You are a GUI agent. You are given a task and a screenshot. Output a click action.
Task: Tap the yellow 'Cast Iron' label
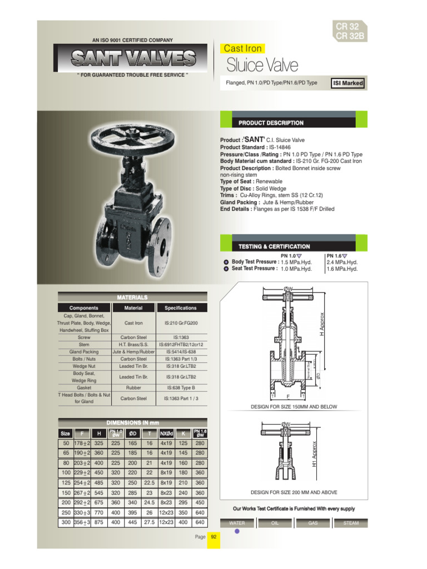pos(242,48)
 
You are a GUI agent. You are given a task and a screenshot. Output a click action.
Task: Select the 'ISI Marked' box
pos(347,83)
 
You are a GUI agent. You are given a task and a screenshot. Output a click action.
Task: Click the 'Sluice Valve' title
pos(262,65)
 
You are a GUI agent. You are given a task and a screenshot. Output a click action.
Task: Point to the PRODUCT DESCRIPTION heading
pos(271,123)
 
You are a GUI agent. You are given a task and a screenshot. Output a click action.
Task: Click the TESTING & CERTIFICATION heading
pos(274,246)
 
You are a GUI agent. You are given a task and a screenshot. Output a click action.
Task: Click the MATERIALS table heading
pos(132,297)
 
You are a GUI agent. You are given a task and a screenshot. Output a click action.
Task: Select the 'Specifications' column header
pos(181,308)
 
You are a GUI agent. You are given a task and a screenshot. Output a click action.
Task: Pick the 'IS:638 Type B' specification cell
pos(181,388)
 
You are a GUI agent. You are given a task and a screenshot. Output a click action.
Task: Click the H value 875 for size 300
pos(99,523)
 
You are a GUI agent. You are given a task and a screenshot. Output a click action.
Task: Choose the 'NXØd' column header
pos(166,433)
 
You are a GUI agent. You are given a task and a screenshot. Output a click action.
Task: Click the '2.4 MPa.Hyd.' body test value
pos(342,262)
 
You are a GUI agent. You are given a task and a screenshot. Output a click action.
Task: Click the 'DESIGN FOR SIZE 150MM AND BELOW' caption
pos(294,407)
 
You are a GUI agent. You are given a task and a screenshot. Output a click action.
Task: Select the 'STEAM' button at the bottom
pos(351,523)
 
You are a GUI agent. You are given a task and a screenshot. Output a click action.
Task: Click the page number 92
pos(213,537)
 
